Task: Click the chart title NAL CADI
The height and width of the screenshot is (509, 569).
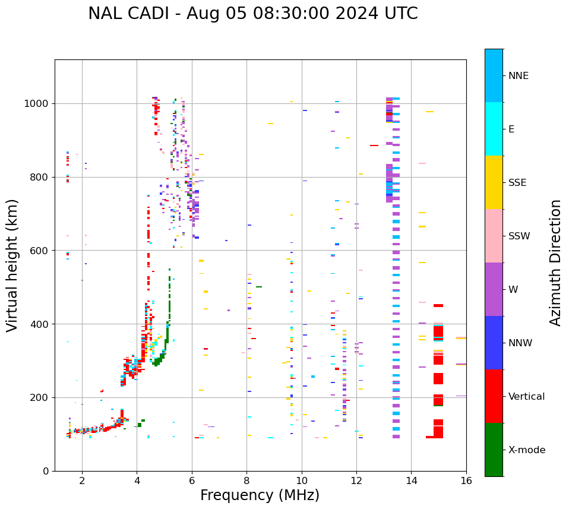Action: coord(252,14)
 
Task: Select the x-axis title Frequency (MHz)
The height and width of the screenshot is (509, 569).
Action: coord(260,495)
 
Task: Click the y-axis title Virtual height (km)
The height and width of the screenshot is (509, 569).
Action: coord(12,265)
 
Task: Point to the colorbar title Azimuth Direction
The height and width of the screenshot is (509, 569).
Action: coord(555,263)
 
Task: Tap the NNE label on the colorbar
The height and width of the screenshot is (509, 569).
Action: coord(518,76)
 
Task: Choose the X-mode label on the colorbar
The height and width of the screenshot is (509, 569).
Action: coord(527,450)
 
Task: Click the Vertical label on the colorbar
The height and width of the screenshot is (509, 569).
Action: coord(526,397)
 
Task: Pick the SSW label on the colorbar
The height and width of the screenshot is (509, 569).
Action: coord(519,236)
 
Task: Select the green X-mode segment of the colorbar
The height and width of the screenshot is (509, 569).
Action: coord(494,450)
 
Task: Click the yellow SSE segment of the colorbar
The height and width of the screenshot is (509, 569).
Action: coord(494,182)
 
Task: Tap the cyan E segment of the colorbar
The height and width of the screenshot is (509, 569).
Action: coord(494,129)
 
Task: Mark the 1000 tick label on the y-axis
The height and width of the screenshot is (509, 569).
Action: coord(37,104)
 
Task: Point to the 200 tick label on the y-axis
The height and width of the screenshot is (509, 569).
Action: coord(40,398)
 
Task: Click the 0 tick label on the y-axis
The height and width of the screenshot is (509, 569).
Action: coord(46,472)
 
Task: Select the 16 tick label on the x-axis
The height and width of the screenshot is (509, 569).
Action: coord(466,481)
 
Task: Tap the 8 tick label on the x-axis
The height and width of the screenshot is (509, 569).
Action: coord(246,481)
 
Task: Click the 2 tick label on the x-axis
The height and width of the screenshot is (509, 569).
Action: coord(82,481)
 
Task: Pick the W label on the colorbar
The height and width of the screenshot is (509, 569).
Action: coord(513,290)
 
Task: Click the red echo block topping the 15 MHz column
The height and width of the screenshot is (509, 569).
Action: coord(438,306)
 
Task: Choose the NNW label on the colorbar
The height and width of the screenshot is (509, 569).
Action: coord(520,343)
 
